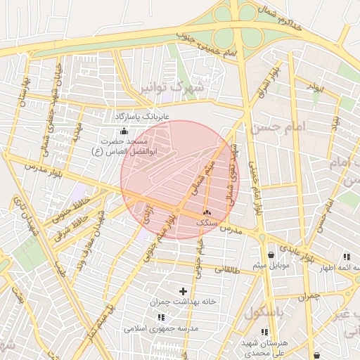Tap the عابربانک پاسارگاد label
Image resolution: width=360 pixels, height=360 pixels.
pyautogui.click(x=143, y=115)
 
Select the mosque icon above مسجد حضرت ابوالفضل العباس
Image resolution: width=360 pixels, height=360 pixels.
pyautogui.click(x=124, y=131)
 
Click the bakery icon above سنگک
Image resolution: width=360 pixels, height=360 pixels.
pyautogui.click(x=207, y=212)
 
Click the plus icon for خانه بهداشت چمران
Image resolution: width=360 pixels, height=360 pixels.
pyautogui.click(x=184, y=290)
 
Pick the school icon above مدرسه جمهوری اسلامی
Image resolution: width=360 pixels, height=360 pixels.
pyautogui.click(x=162, y=317)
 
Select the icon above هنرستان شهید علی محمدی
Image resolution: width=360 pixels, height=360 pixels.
pyautogui.click(x=264, y=332)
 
